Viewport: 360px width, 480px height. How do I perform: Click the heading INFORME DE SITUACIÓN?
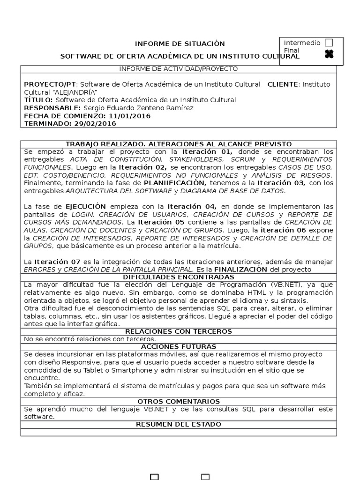click(x=180, y=44)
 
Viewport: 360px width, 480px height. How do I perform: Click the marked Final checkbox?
click(x=329, y=54)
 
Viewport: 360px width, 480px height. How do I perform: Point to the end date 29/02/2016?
click(x=95, y=124)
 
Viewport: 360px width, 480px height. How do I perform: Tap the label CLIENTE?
click(x=283, y=84)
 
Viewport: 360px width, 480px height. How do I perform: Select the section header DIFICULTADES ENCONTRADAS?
click(x=178, y=277)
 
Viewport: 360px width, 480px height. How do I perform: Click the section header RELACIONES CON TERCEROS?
click(x=178, y=331)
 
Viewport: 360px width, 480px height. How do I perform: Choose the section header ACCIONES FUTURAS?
click(x=178, y=346)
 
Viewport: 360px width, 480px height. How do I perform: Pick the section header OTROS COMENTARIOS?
click(x=178, y=401)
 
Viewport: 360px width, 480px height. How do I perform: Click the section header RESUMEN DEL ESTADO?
click(x=178, y=424)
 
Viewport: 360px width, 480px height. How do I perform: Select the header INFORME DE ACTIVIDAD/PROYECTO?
click(x=178, y=69)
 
